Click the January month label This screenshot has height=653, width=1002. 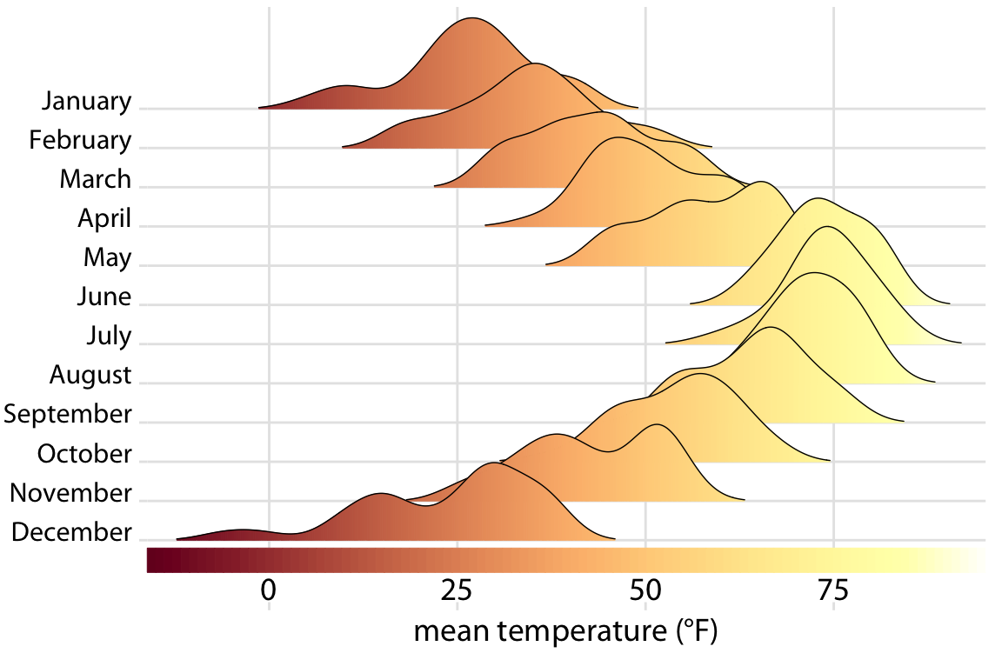[x=86, y=101]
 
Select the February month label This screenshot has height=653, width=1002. [x=80, y=140]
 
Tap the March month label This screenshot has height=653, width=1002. [x=96, y=179]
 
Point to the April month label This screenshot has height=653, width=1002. [x=104, y=218]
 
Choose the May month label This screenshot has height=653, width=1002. [x=107, y=257]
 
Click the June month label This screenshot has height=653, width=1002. [x=104, y=297]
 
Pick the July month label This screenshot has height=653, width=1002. [x=108, y=336]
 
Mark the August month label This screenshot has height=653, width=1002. [x=90, y=375]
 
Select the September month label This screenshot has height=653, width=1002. [x=68, y=414]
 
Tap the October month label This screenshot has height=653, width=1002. [x=84, y=453]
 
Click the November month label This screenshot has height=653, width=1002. [x=70, y=493]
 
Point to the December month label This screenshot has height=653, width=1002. [x=71, y=532]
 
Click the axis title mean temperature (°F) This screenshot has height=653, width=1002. [x=565, y=630]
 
